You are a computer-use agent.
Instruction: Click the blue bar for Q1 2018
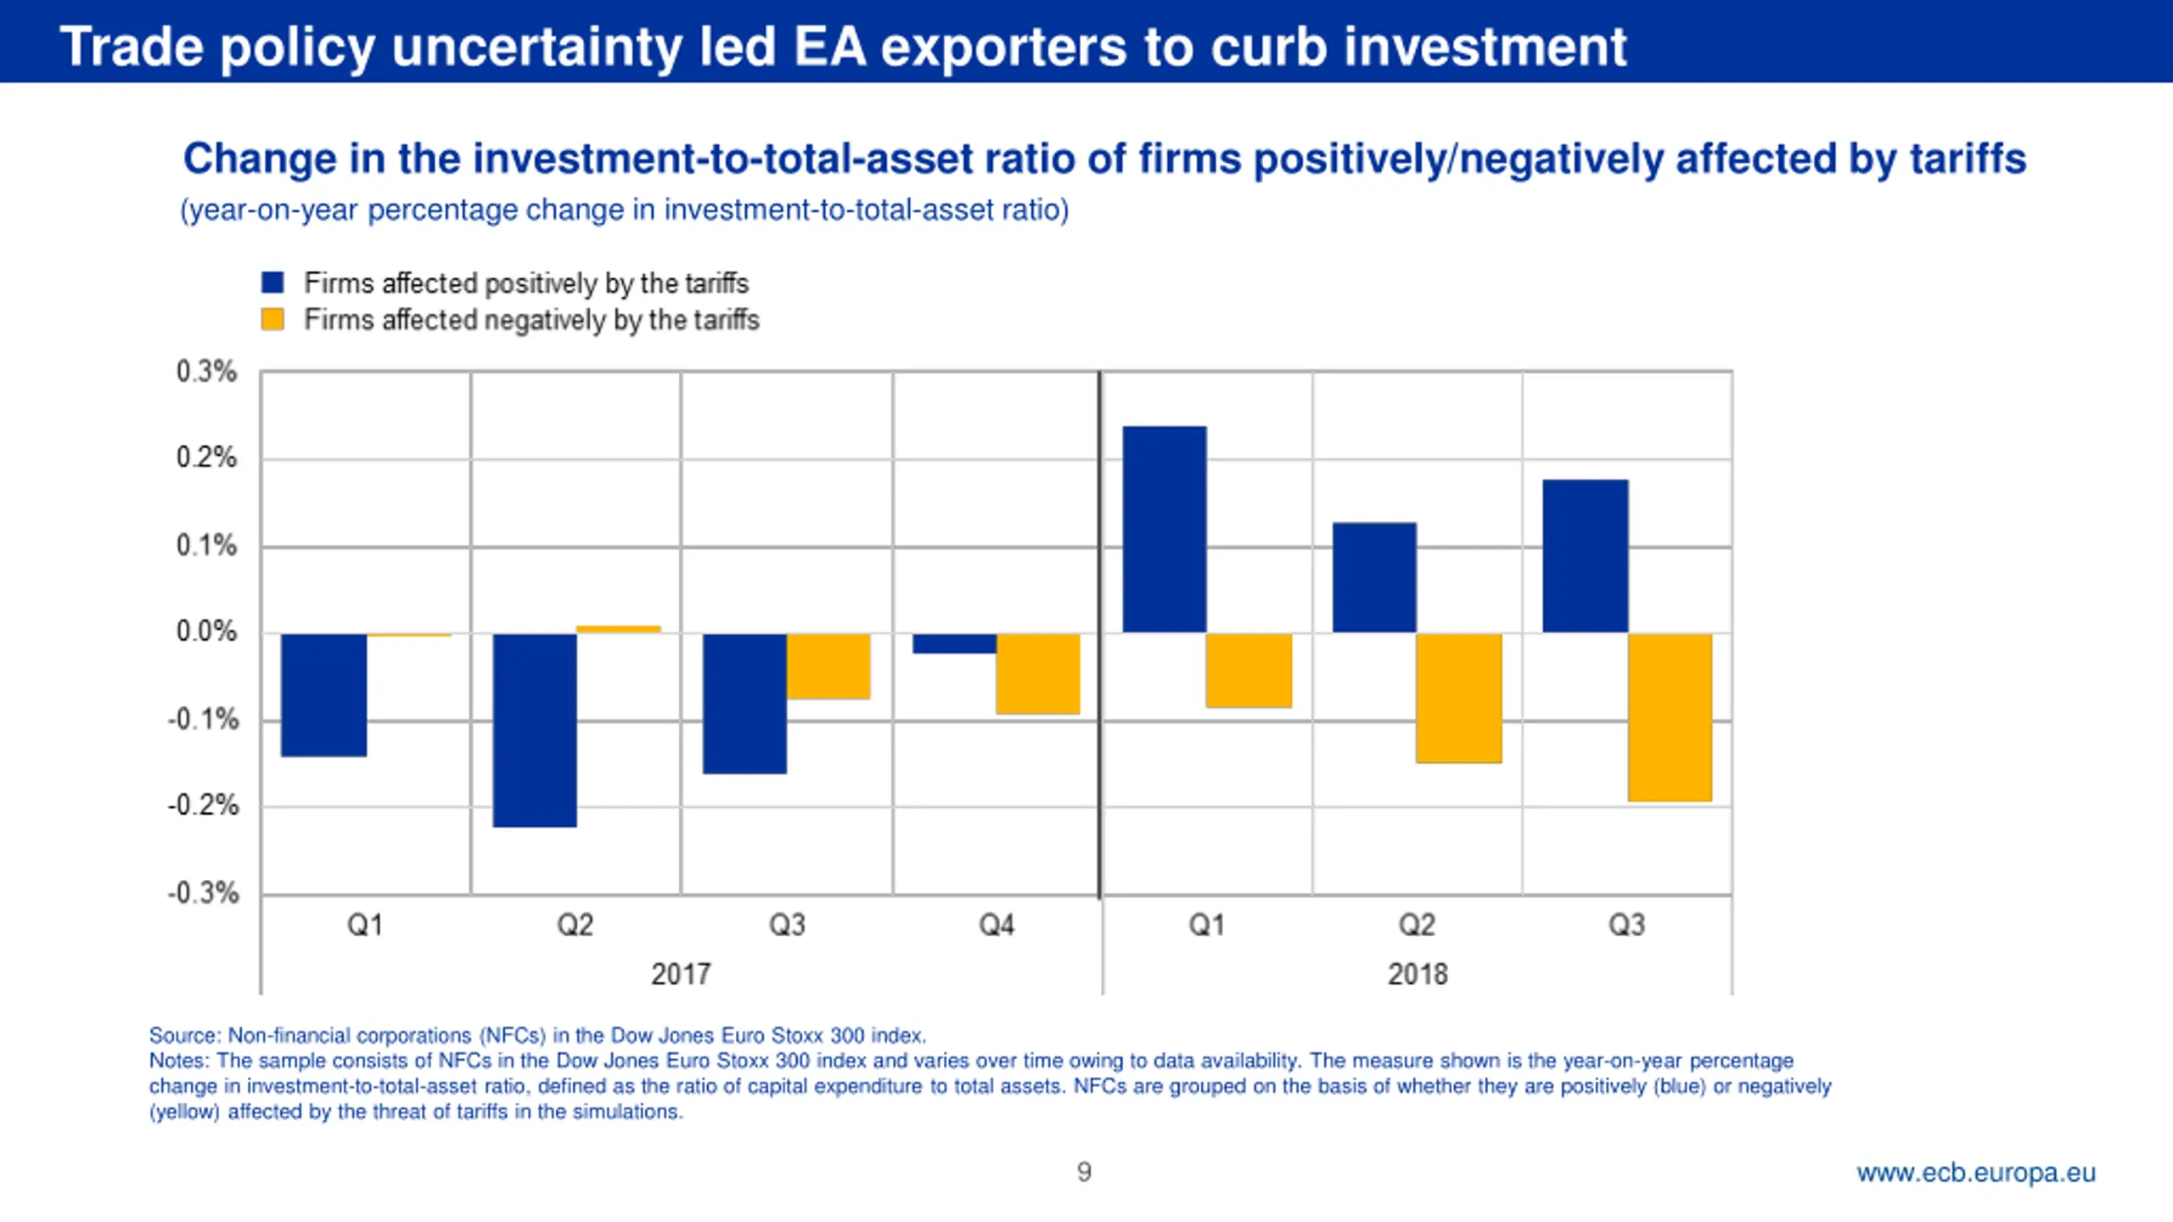[x=1164, y=529]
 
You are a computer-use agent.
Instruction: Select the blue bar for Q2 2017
[x=535, y=730]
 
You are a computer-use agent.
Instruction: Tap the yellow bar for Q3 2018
[x=1670, y=717]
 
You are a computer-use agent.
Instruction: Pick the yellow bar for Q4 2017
[x=1037, y=673]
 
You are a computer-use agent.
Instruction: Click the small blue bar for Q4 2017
[x=954, y=643]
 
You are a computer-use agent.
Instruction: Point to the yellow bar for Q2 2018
[x=1458, y=698]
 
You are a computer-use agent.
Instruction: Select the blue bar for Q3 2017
[x=744, y=703]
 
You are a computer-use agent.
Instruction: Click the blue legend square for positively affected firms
[x=272, y=283]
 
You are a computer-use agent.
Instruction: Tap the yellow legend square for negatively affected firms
[x=272, y=320]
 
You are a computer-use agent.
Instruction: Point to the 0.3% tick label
[x=206, y=372]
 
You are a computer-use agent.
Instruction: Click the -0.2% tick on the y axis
[x=204, y=805]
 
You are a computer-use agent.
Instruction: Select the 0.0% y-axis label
[x=206, y=631]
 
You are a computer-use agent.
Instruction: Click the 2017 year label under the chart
[x=681, y=973]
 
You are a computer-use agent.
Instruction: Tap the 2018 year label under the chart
[x=1417, y=973]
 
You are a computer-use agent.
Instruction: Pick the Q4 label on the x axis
[x=997, y=924]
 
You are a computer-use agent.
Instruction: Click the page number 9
[x=1084, y=1172]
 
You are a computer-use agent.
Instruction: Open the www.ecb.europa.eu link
[x=1975, y=1173]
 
